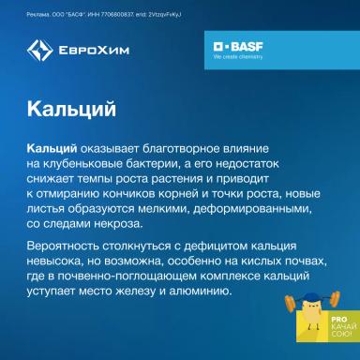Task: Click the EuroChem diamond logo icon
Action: (x=39, y=51)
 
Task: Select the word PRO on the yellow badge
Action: (x=314, y=322)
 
